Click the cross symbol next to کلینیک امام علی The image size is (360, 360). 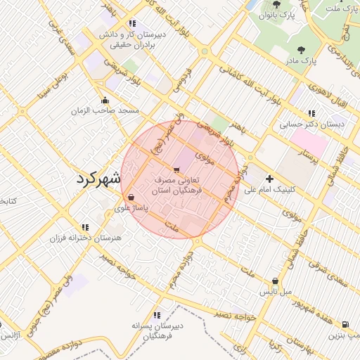[269, 179]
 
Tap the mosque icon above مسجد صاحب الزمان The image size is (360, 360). [105, 100]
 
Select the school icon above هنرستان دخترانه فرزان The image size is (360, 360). [85, 227]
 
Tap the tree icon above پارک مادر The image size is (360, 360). [302, 50]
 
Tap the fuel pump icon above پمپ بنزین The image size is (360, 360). [345, 324]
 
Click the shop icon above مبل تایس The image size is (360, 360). [274, 280]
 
